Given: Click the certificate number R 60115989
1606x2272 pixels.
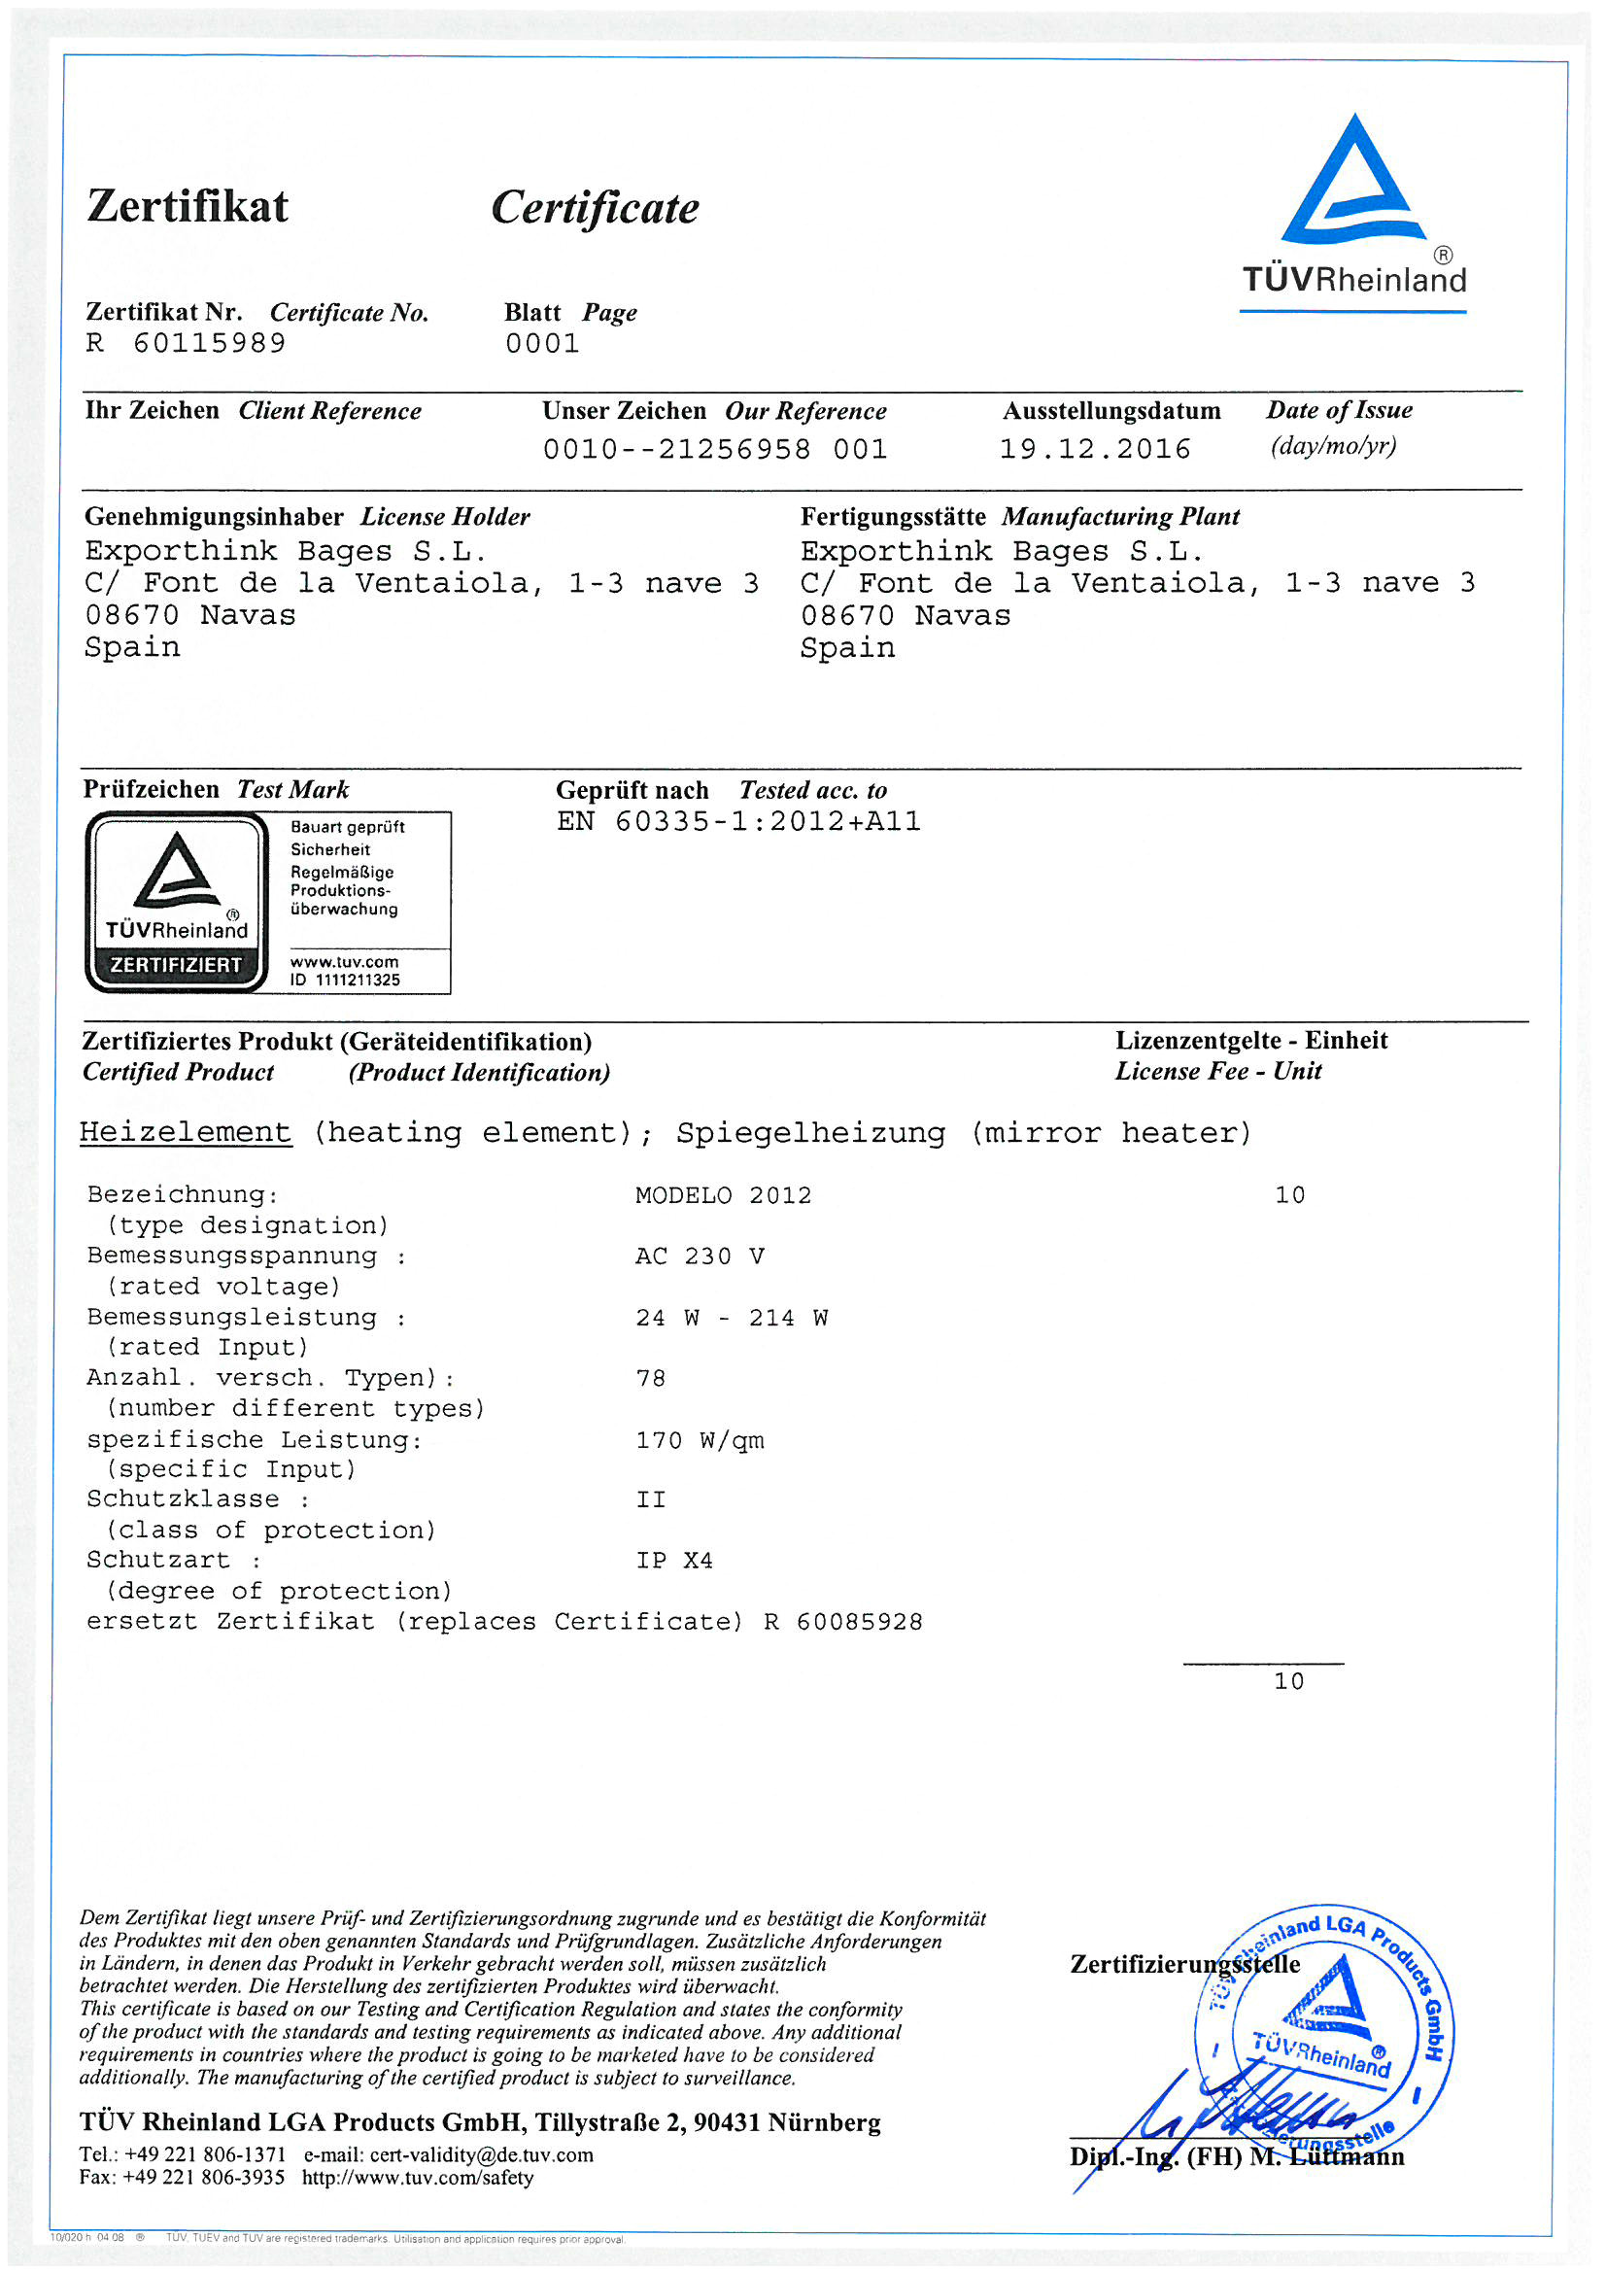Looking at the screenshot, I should tap(186, 343).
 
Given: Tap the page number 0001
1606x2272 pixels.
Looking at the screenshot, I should tap(542, 343).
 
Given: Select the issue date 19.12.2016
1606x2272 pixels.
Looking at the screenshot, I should tap(1094, 449).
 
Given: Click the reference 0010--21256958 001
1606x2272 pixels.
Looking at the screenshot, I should tap(714, 449).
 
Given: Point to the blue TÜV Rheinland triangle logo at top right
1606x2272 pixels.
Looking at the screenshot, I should tap(1351, 184).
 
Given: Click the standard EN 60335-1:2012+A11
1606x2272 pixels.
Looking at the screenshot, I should tap(738, 821).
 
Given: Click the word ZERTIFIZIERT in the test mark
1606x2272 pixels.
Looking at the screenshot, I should tap(175, 964).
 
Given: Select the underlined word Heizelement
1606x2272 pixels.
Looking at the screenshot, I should tap(186, 1132).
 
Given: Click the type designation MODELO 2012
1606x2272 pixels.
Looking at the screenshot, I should tap(724, 1195).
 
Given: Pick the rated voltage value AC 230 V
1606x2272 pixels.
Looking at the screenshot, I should tap(700, 1256).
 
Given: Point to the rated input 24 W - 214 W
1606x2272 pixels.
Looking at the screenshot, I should tap(732, 1318).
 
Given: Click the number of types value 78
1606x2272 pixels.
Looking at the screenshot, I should tap(650, 1378).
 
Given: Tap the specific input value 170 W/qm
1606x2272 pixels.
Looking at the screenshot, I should tap(700, 1440).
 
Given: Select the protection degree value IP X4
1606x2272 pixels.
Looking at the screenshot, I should tap(674, 1561).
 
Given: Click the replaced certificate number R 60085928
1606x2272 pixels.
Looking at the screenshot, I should tap(843, 1622).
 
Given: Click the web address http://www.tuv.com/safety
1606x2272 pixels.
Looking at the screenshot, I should tap(418, 2177).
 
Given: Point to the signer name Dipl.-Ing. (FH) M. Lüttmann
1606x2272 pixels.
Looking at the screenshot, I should tap(1236, 2156).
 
